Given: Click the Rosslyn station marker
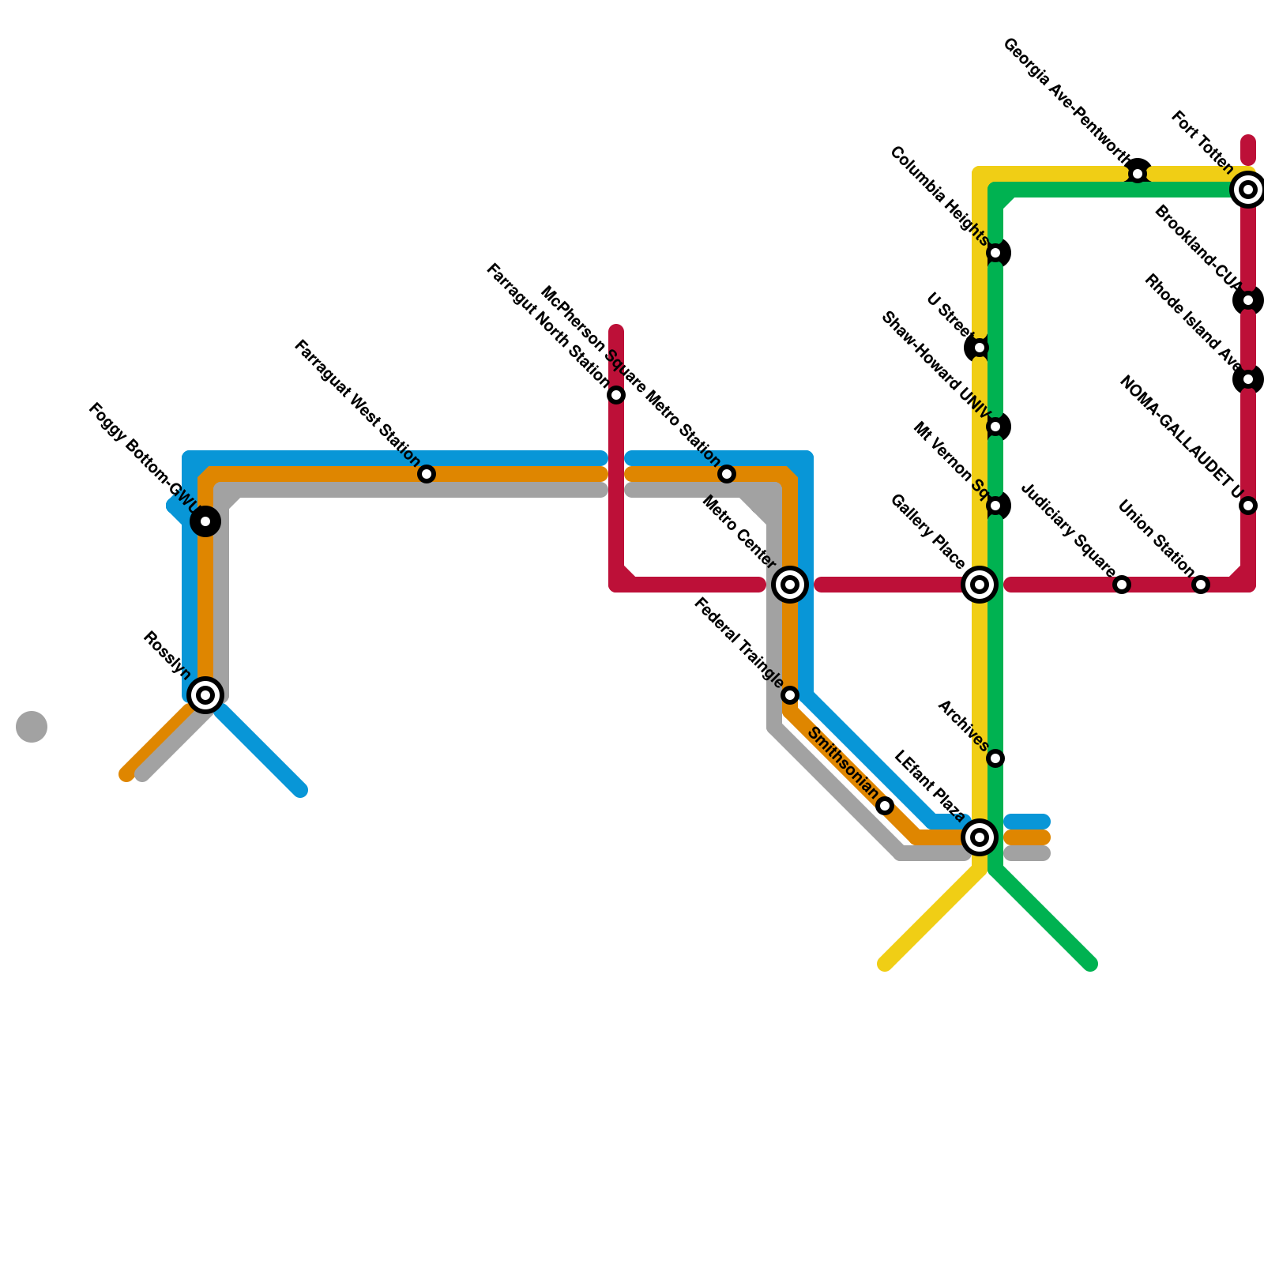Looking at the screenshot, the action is (x=205, y=695).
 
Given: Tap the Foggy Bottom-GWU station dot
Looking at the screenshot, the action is (x=205, y=521).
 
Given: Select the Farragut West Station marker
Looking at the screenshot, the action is (x=427, y=474).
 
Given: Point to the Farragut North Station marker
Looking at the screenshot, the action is (x=616, y=395).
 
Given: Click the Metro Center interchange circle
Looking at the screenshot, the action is (x=790, y=585).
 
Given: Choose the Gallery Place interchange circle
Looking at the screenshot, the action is (x=980, y=585).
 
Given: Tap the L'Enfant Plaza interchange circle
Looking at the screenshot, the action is (x=980, y=837).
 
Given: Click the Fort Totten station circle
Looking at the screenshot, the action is (x=1248, y=190).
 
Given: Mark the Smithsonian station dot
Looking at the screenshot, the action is (x=885, y=806).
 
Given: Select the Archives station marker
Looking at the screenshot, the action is (x=995, y=758).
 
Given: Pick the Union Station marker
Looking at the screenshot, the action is (x=1201, y=585).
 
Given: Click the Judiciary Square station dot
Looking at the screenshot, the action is (x=1122, y=585).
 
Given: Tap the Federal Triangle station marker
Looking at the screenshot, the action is (x=790, y=695).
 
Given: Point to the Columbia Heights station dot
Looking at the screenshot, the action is (x=995, y=253).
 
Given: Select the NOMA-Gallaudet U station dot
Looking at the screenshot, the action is (x=1248, y=506).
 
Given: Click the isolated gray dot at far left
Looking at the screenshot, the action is (x=32, y=727).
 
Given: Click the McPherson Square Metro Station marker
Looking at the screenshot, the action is (x=727, y=474).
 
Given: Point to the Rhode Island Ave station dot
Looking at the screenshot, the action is (x=1248, y=379).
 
